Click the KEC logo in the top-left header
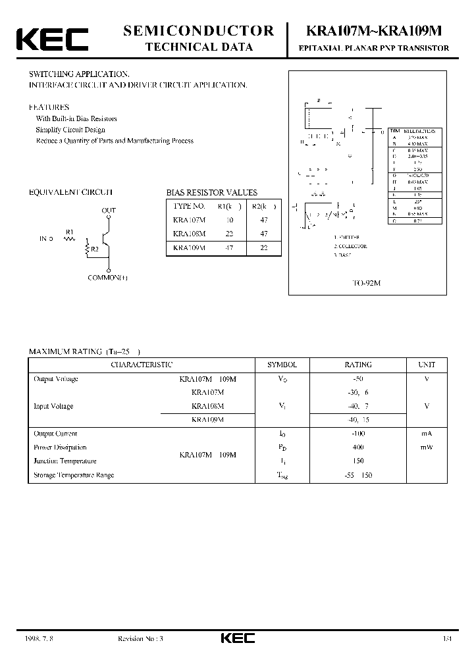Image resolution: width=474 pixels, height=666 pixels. [x=52, y=39]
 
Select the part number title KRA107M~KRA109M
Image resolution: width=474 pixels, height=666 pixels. [x=375, y=31]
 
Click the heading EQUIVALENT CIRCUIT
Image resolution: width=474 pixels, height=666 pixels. [x=70, y=192]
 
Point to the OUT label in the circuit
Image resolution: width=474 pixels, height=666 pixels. [x=109, y=211]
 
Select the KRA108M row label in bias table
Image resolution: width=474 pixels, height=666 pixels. [x=189, y=234]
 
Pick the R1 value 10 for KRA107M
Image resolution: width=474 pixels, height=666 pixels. [x=230, y=220]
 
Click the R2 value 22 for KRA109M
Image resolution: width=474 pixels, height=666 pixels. [x=264, y=247]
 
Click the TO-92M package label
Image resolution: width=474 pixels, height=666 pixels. [x=365, y=283]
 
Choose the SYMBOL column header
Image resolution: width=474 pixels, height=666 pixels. [x=282, y=365]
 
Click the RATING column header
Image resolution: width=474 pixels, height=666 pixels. [x=358, y=365]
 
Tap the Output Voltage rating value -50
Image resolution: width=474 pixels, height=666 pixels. [x=358, y=379]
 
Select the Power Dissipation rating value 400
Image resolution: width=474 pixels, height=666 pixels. [x=358, y=448]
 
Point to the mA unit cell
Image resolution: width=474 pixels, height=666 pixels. [x=427, y=434]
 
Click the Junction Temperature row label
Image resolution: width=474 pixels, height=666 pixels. [x=65, y=461]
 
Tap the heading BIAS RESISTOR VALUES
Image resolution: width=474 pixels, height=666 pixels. [x=211, y=193]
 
